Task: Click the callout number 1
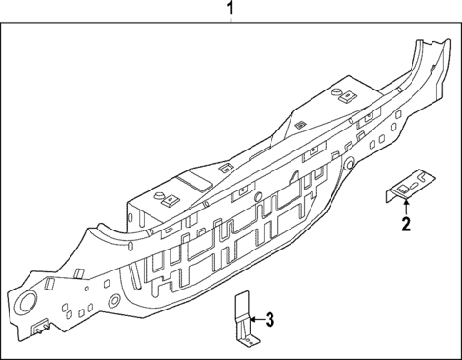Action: pos(229,10)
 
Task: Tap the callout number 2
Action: pos(406,226)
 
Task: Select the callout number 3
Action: pos(270,318)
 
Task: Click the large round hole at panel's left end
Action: pos(26,307)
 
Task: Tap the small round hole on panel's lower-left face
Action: pos(114,303)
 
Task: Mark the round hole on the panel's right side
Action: pos(351,164)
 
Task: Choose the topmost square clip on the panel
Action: pos(344,94)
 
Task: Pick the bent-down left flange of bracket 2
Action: pos(390,194)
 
